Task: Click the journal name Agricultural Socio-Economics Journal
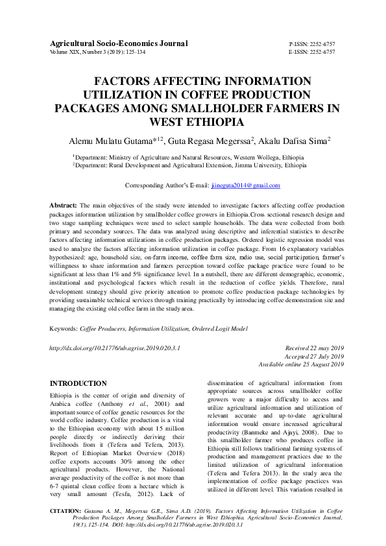coord(119,43)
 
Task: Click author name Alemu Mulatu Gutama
coord(111,140)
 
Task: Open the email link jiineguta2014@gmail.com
coord(245,185)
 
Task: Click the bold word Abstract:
coord(64,205)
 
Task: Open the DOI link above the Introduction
coord(115,348)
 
